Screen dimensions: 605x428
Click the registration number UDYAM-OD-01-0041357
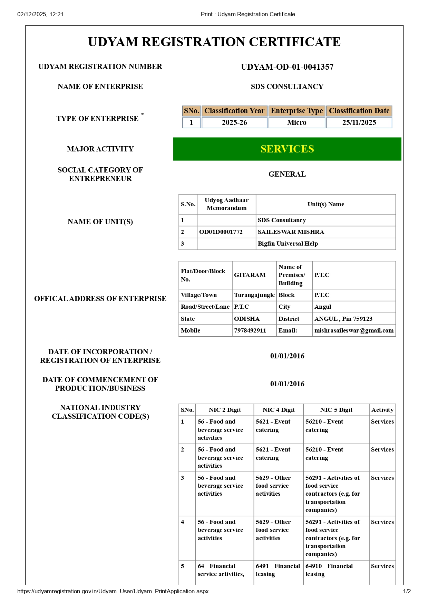287,67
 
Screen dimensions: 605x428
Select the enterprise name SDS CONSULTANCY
287,87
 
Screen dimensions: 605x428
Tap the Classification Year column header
234,111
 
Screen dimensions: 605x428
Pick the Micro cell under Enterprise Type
296,122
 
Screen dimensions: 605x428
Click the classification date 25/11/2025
359,122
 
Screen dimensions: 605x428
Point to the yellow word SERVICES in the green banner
287,149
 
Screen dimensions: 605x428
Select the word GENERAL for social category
287,174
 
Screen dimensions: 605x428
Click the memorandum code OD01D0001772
221,232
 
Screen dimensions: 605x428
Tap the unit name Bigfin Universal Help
288,244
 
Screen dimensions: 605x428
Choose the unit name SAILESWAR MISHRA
291,232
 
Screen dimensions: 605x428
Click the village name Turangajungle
254,295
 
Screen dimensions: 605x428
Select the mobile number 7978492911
250,330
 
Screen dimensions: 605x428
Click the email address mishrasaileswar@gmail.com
354,330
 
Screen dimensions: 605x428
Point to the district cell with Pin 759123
343,319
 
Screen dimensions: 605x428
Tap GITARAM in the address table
250,275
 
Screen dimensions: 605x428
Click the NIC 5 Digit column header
336,410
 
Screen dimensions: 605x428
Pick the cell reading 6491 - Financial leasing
278,570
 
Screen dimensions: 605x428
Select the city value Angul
322,307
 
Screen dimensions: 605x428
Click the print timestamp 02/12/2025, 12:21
40,14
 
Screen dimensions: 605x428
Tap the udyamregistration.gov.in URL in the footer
113,591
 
